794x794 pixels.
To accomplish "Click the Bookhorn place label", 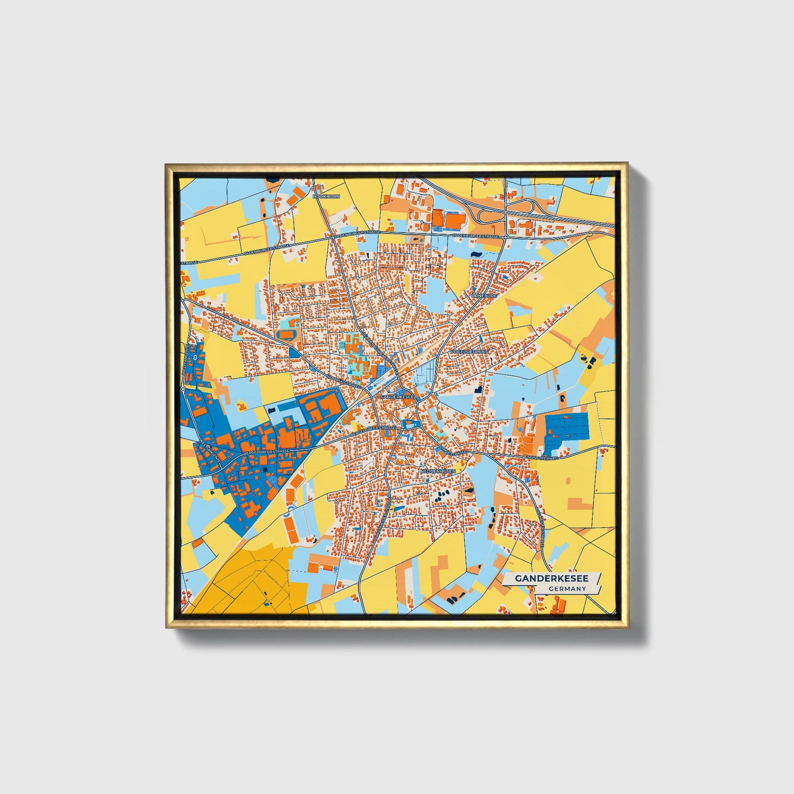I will click(326, 196).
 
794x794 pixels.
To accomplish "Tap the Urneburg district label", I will click(484, 296).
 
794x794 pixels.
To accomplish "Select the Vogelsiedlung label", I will click(469, 351).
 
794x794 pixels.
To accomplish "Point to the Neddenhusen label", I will click(437, 471).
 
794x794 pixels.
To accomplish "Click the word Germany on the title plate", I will click(567, 588).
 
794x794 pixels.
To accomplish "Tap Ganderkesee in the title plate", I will click(551, 579).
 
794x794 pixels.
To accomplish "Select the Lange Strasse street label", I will click(453, 451).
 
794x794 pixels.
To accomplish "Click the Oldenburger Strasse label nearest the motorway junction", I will click(476, 236).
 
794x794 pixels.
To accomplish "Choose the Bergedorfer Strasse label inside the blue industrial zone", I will click(266, 452).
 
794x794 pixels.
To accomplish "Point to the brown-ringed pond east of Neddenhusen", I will click(469, 488).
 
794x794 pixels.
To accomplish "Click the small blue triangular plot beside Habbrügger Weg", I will click(295, 352).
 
